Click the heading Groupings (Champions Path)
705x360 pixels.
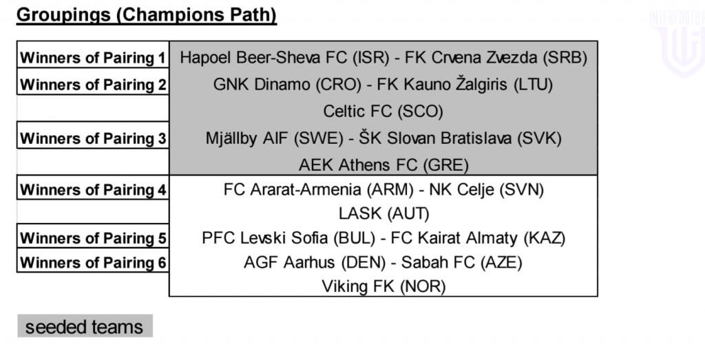coord(147,15)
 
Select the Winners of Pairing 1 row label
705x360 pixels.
coord(93,58)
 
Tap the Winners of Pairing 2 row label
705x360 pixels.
coord(93,85)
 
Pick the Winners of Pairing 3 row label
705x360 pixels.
coord(93,138)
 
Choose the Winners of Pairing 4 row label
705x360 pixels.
coord(93,190)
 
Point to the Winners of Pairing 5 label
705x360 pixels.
coord(93,238)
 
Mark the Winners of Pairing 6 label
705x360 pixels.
coord(93,262)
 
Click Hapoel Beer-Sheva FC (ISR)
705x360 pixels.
coord(284,58)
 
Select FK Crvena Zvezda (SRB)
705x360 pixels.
coord(496,58)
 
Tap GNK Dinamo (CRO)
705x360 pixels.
coord(287,85)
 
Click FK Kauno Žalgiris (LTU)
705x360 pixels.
coord(465,85)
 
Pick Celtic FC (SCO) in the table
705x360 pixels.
coord(383,112)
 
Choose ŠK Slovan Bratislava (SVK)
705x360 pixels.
coord(460,138)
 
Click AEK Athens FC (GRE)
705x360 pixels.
coord(383,165)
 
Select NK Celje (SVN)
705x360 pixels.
coord(487,190)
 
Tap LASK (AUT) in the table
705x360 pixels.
coord(384,213)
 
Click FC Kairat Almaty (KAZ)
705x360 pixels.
coord(478,238)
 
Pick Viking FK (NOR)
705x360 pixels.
coord(383,286)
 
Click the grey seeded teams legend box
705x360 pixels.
coord(85,326)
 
